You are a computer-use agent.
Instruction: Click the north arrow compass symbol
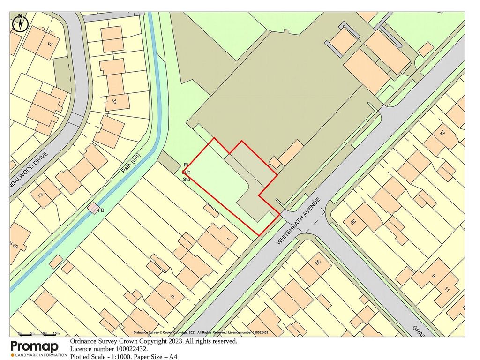coord(20,22)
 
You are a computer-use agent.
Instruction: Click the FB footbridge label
coord(101,210)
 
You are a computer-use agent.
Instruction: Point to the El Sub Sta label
coord(186,172)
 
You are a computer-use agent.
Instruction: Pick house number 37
coord(114,101)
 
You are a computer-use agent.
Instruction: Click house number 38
coord(317,263)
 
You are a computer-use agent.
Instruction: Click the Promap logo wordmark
coord(35,347)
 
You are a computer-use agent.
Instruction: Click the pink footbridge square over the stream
coord(93,207)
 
